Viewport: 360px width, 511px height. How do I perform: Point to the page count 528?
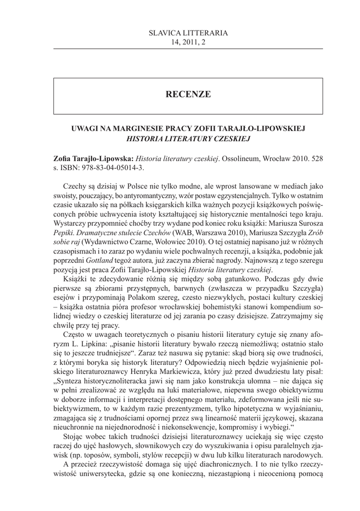(x=317, y=158)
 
